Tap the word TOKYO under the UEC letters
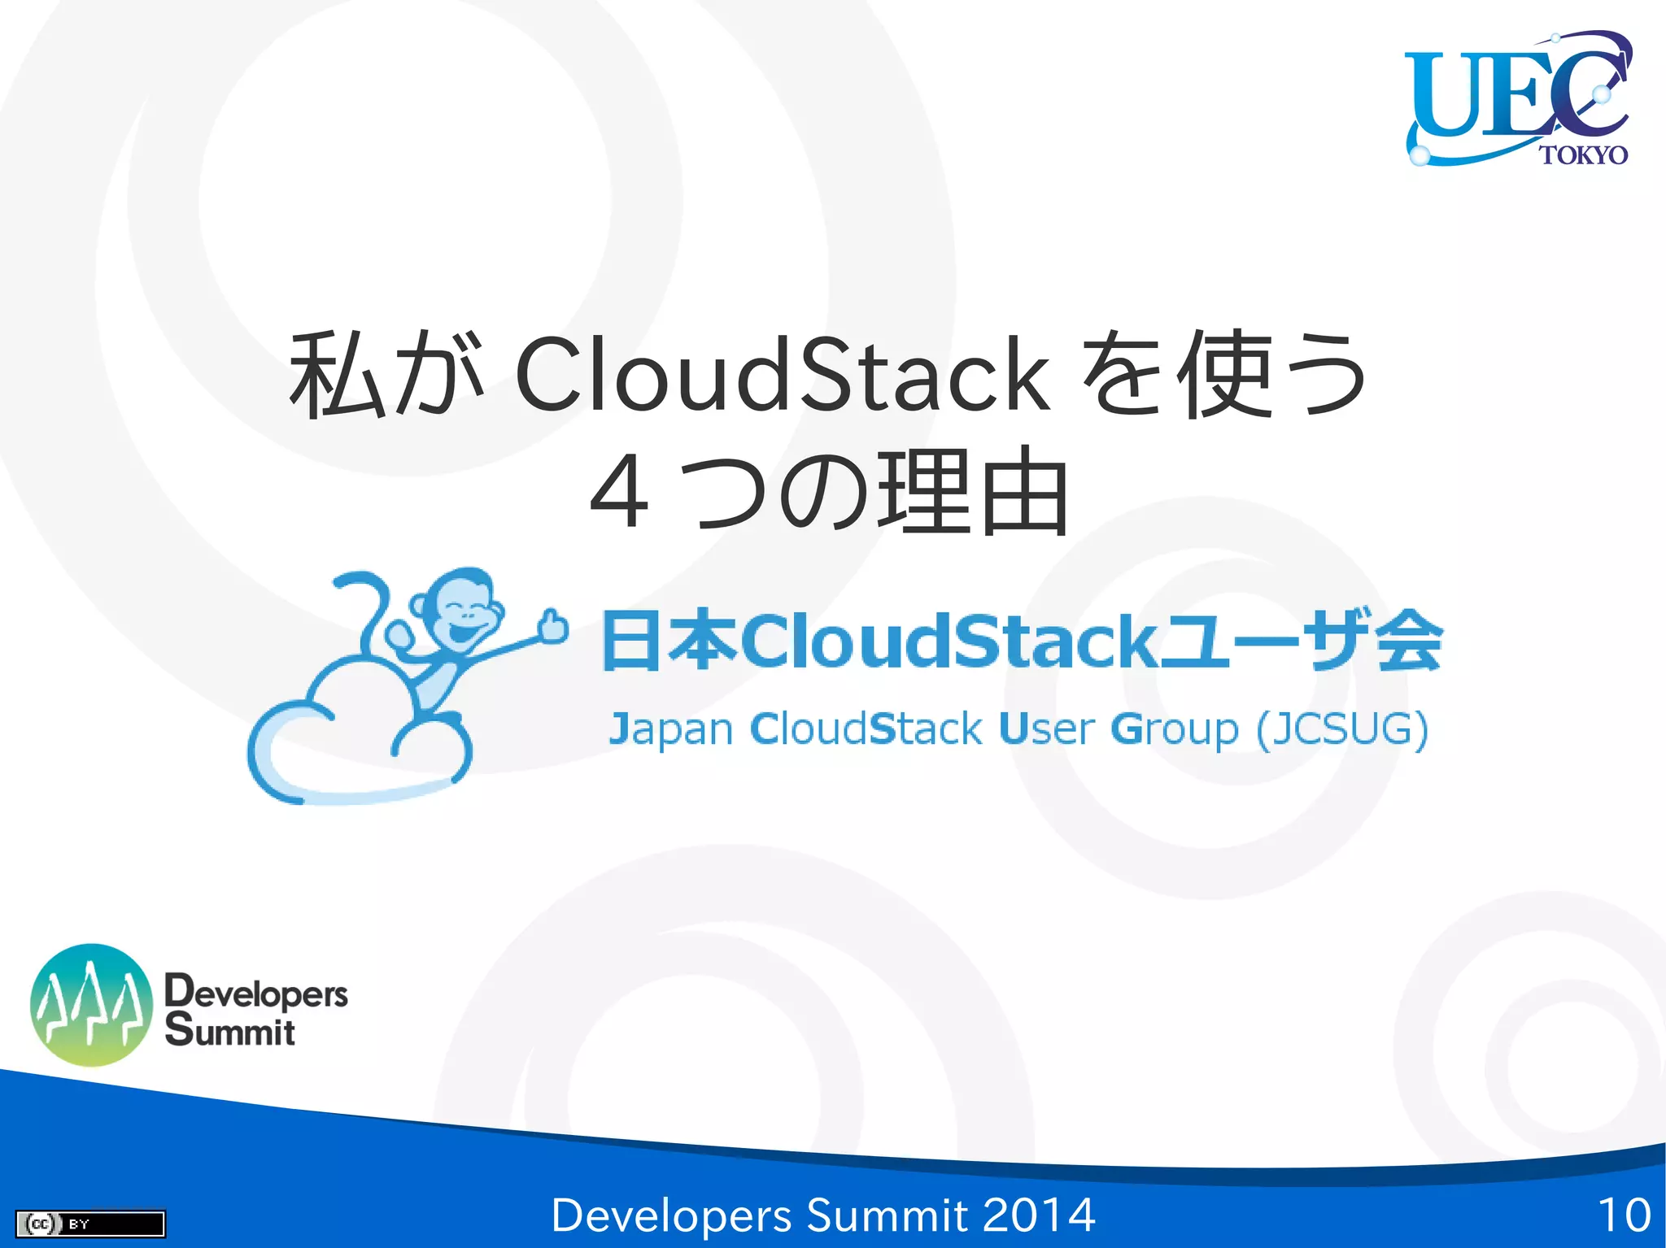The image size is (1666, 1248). [x=1583, y=154]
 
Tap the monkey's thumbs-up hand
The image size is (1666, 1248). [x=554, y=628]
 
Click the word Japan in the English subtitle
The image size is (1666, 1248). [x=671, y=729]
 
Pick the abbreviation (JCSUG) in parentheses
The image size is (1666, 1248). [x=1342, y=728]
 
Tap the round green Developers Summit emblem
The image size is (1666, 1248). [x=91, y=1005]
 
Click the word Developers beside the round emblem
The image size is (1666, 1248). [x=256, y=992]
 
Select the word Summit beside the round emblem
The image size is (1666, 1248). [x=230, y=1031]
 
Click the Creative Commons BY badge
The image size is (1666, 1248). [x=90, y=1223]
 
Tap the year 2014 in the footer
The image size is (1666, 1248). [x=1038, y=1215]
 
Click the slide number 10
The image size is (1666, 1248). [x=1624, y=1215]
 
